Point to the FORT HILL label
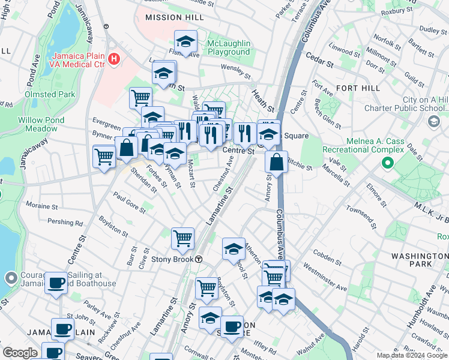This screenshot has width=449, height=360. point(358,88)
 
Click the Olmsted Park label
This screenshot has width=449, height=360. point(50,94)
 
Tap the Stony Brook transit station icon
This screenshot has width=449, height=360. point(198,259)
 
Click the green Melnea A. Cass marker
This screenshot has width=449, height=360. point(388,162)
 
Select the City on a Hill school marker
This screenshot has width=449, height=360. point(433,122)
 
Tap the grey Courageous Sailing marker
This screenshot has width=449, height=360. point(10,278)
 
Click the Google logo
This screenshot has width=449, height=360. point(20,353)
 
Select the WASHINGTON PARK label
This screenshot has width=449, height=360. point(420,260)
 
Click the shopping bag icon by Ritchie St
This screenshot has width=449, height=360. point(276,161)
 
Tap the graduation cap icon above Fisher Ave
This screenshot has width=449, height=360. point(186,42)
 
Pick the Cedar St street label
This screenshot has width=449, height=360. point(319,62)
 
